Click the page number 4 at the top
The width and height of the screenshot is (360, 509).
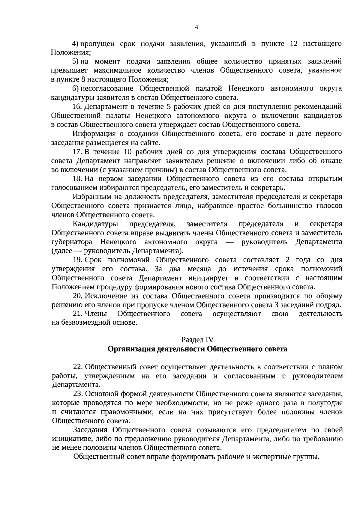pyautogui.click(x=196, y=27)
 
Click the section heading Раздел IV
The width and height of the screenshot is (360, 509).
pyautogui.click(x=197, y=340)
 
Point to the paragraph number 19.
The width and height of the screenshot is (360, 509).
pyautogui.click(x=78, y=260)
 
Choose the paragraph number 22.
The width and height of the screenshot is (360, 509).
pyautogui.click(x=78, y=367)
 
